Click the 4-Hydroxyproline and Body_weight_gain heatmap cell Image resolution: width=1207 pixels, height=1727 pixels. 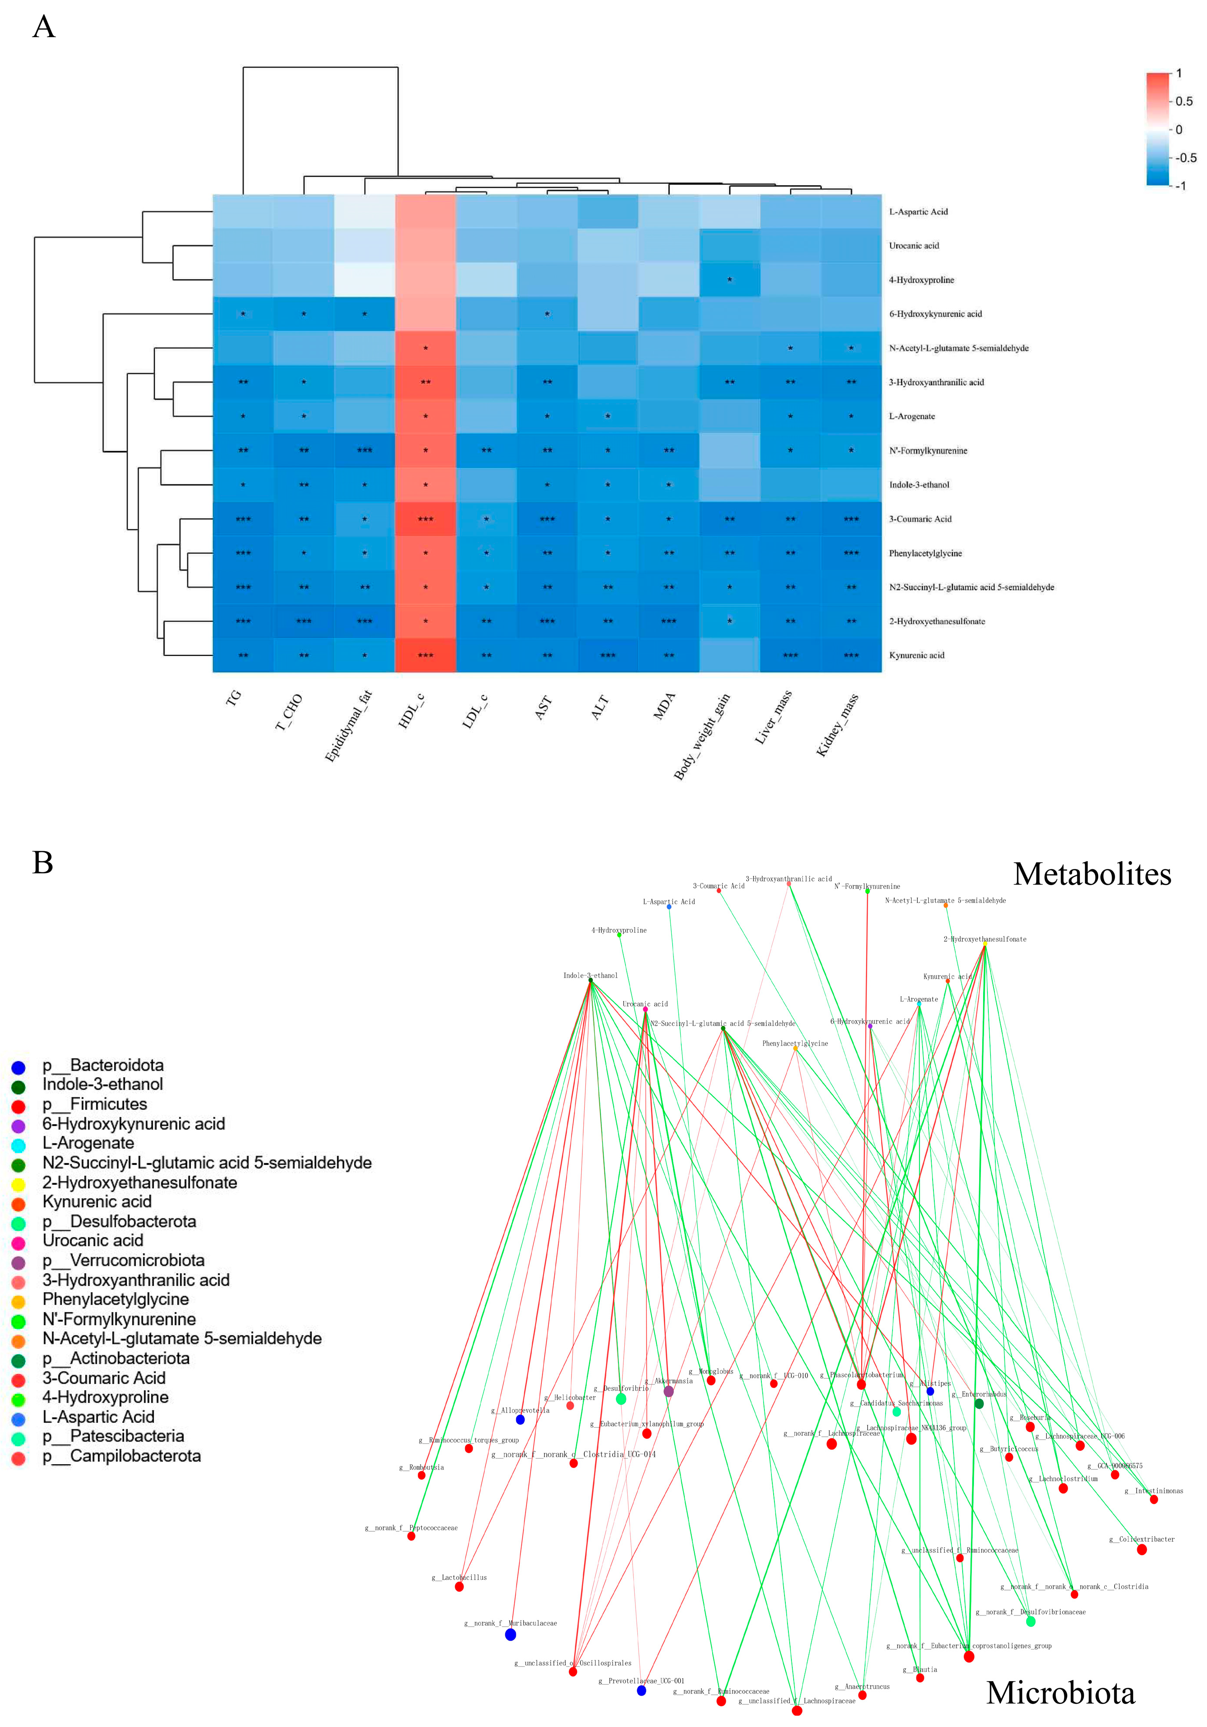(x=730, y=280)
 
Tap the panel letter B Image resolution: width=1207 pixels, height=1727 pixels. (x=43, y=863)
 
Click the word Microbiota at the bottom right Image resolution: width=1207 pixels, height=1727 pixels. (x=1060, y=1693)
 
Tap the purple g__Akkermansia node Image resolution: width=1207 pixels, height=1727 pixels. (x=669, y=1391)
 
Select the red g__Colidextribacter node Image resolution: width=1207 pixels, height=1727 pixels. (x=1142, y=1550)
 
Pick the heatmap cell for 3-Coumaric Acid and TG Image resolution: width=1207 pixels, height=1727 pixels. (x=243, y=519)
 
